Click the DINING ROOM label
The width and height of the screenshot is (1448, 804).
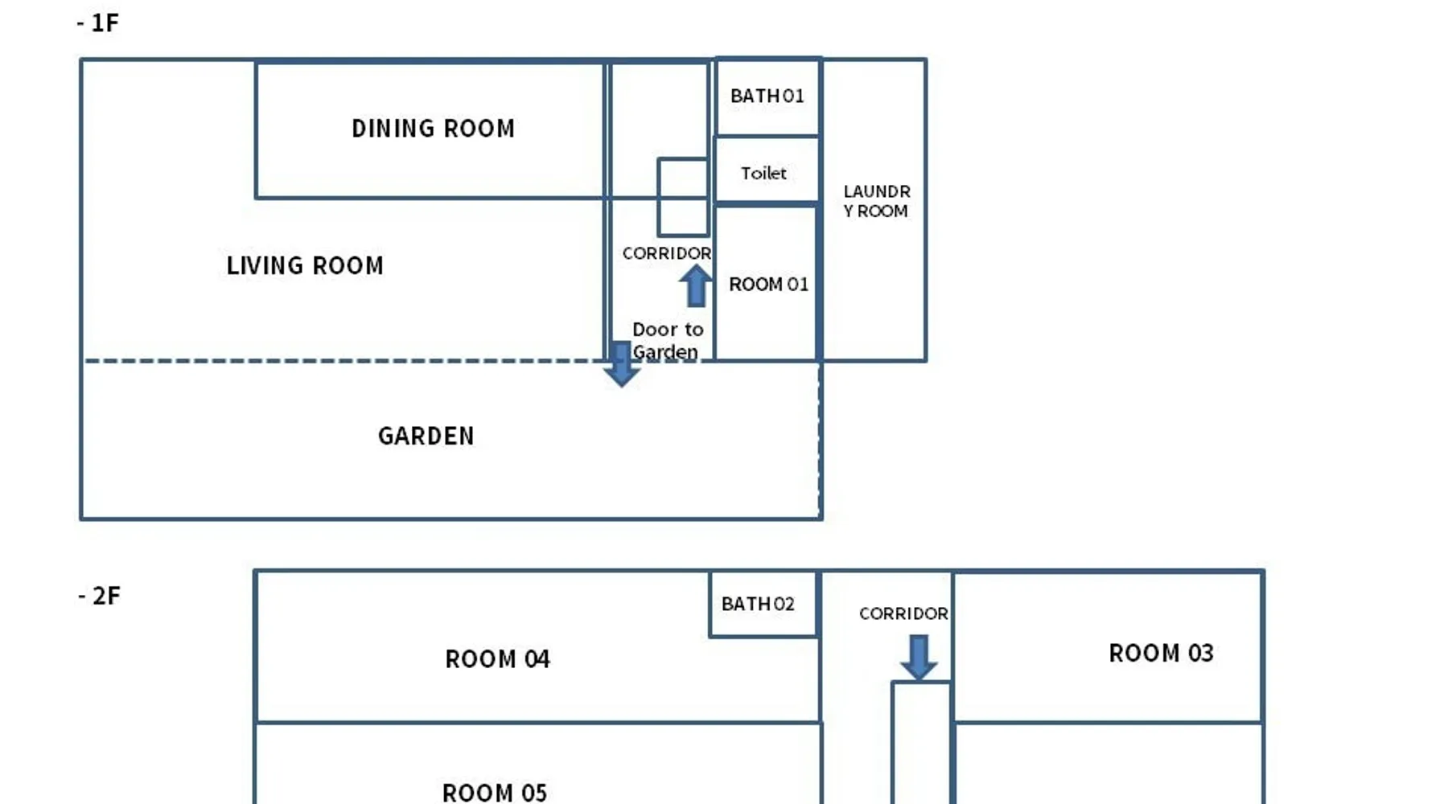pyautogui.click(x=433, y=129)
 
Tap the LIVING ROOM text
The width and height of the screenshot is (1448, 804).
pyautogui.click(x=305, y=265)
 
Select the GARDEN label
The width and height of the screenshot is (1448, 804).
pyautogui.click(x=426, y=436)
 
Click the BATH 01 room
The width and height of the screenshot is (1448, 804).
pyautogui.click(x=767, y=96)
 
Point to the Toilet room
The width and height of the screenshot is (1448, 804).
pyautogui.click(x=767, y=170)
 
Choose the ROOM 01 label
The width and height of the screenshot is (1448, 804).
pyautogui.click(x=768, y=284)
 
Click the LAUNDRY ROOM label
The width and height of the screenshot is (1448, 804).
pyautogui.click(x=877, y=201)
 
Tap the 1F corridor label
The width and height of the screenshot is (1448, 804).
pyautogui.click(x=667, y=253)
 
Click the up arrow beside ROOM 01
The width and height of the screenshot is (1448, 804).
pyautogui.click(x=695, y=286)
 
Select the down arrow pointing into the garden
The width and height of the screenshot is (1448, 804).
pyautogui.click(x=621, y=364)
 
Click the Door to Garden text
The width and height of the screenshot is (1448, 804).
pyautogui.click(x=667, y=341)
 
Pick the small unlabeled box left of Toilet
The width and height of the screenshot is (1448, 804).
pyautogui.click(x=683, y=197)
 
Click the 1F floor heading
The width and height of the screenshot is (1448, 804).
pyautogui.click(x=98, y=23)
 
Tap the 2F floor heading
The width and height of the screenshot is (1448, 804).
pyautogui.click(x=99, y=596)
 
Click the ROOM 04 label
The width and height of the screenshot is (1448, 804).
pyautogui.click(x=497, y=659)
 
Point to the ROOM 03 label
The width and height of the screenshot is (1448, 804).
pyautogui.click(x=1161, y=653)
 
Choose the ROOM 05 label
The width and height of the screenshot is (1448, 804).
pyautogui.click(x=495, y=793)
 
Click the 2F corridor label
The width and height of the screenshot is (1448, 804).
pyautogui.click(x=903, y=613)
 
